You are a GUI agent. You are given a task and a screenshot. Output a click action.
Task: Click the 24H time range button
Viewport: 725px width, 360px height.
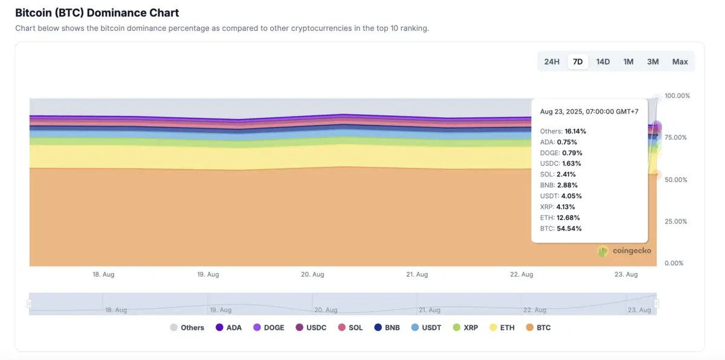point(552,62)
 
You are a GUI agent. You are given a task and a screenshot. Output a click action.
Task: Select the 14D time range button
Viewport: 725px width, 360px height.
point(603,62)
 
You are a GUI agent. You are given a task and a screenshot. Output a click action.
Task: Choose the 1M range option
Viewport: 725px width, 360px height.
point(628,62)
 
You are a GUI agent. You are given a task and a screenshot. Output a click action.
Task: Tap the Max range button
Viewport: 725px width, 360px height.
point(680,62)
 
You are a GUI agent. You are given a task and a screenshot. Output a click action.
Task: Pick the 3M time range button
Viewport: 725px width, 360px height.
point(652,62)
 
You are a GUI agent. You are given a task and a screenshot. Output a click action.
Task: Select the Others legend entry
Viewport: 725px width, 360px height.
point(187,327)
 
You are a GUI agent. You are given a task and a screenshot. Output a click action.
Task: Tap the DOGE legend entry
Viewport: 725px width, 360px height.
point(268,327)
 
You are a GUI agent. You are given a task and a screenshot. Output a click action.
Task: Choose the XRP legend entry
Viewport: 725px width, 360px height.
point(465,327)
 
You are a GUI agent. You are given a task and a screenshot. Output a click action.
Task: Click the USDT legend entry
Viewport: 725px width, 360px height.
point(426,327)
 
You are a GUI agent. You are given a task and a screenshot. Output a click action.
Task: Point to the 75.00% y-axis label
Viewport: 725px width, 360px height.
point(677,138)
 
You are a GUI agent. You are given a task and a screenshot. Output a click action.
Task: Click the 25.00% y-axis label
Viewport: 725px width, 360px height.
point(677,222)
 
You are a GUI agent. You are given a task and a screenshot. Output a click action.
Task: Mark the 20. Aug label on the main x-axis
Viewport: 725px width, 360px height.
point(313,274)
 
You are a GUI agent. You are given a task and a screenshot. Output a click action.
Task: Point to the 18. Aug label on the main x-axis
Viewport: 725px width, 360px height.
point(103,274)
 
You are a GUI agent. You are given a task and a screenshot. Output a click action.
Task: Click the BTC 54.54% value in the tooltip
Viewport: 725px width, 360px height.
point(561,228)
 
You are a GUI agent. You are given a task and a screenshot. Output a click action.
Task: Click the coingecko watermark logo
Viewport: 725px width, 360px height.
point(624,251)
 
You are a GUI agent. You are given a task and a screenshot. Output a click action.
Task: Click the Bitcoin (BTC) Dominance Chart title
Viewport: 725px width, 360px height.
point(97,13)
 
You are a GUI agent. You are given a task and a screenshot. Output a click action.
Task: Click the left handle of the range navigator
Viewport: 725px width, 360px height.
point(29,304)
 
